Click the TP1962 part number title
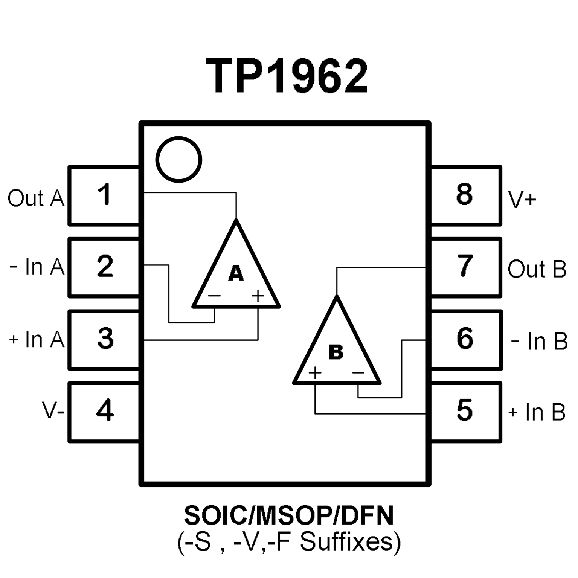click(x=286, y=76)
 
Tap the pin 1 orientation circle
click(x=178, y=159)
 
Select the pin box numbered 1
click(x=104, y=195)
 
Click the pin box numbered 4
click(x=104, y=411)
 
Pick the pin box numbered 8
click(x=465, y=195)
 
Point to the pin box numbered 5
click(x=465, y=411)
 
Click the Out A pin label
click(x=36, y=198)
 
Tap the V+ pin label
click(x=522, y=199)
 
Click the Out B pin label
click(x=537, y=269)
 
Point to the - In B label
click(x=539, y=341)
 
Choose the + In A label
click(x=37, y=339)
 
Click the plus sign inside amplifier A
click(x=258, y=296)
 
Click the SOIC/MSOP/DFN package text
click(x=289, y=516)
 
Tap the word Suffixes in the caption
click(x=350, y=542)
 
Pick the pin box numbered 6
click(x=465, y=339)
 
